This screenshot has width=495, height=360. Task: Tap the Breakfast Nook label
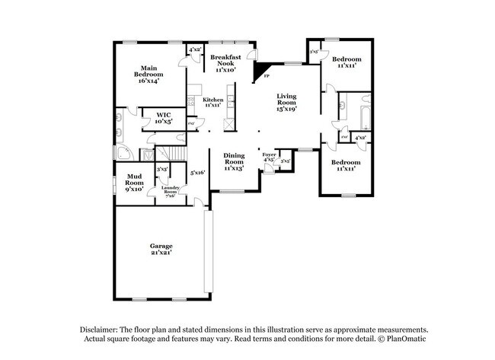(225, 62)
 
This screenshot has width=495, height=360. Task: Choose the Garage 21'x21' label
(161, 249)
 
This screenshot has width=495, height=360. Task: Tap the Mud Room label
(134, 183)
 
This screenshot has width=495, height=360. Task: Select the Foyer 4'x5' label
(269, 157)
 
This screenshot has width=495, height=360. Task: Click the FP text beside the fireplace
(266, 77)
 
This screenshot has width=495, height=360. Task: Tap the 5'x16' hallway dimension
(197, 173)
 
